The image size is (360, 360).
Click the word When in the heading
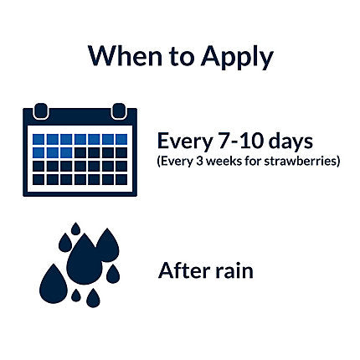[x=125, y=55]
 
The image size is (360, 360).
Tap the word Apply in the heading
[x=237, y=58]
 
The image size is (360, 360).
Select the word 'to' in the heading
[x=182, y=56]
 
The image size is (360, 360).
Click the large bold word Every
[x=185, y=141]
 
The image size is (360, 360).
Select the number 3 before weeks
[x=199, y=162]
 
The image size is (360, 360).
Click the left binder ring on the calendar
[x=41, y=111]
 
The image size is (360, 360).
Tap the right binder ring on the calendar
[x=119, y=111]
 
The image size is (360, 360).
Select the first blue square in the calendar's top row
[x=39, y=139]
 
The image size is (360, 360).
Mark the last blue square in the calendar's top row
[x=121, y=139]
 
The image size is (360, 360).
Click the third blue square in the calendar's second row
[x=66, y=152]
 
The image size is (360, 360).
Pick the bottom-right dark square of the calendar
[x=121, y=179]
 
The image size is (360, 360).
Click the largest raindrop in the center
[x=84, y=260]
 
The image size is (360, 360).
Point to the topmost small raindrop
[x=75, y=229]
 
